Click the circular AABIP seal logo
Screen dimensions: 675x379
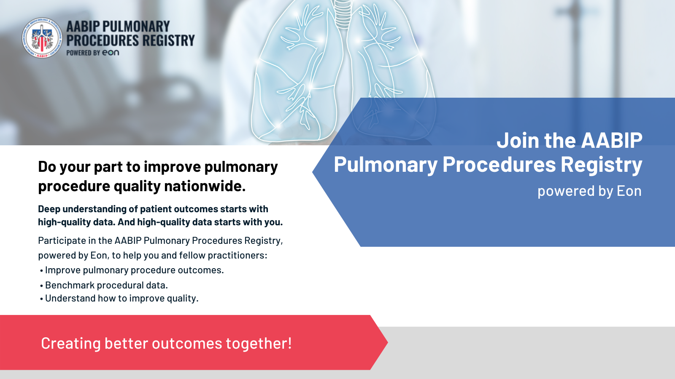(x=42, y=38)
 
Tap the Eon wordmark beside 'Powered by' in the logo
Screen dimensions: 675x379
(x=111, y=53)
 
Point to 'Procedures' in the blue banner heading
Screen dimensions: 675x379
(x=499, y=164)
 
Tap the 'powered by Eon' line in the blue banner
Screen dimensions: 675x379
(x=589, y=191)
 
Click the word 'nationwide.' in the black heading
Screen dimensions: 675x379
(x=205, y=186)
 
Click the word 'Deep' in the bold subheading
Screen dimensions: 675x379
(x=49, y=209)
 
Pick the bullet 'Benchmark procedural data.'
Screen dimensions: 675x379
(x=106, y=285)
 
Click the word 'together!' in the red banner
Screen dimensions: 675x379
(x=259, y=344)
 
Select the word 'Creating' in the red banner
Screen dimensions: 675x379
(x=71, y=344)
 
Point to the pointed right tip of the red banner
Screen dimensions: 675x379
(x=388, y=342)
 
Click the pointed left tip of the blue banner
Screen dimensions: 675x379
(x=313, y=172)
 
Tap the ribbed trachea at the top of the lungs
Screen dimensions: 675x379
(x=343, y=13)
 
